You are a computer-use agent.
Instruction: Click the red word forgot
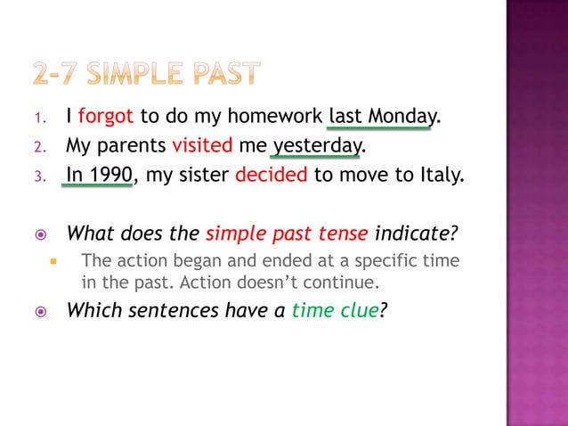click(x=105, y=117)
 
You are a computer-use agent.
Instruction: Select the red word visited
click(x=202, y=145)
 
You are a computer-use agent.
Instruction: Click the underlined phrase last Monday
click(x=381, y=117)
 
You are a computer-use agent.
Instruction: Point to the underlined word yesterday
click(x=317, y=145)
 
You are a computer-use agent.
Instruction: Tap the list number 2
click(x=39, y=146)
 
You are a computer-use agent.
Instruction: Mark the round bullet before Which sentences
click(x=40, y=311)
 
